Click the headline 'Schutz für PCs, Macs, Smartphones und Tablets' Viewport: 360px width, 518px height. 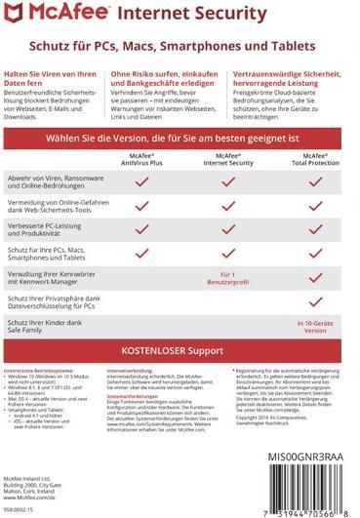coord(180,45)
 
